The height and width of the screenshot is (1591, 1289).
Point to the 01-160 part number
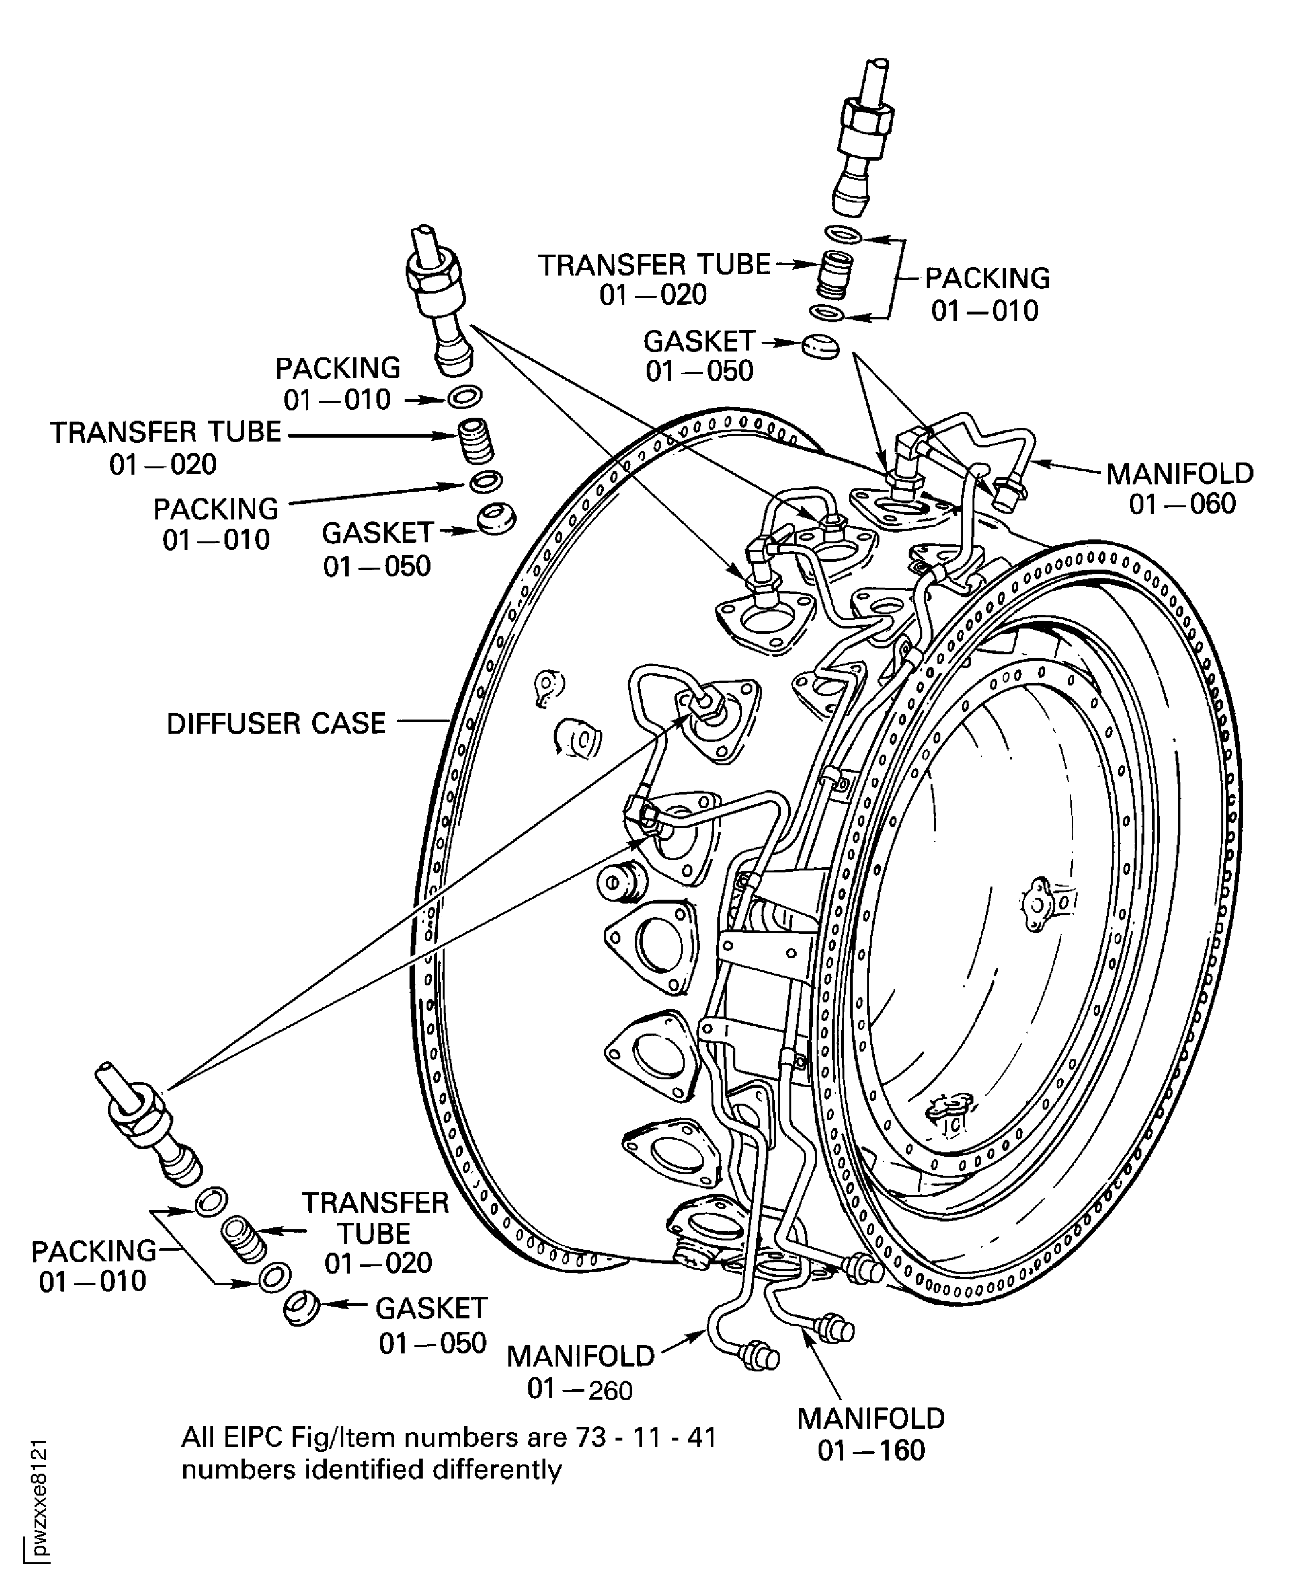(871, 1450)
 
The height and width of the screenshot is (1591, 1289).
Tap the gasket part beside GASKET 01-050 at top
(821, 346)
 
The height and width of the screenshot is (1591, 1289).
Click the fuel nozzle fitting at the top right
(861, 141)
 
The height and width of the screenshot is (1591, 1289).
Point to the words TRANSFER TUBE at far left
(166, 432)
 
